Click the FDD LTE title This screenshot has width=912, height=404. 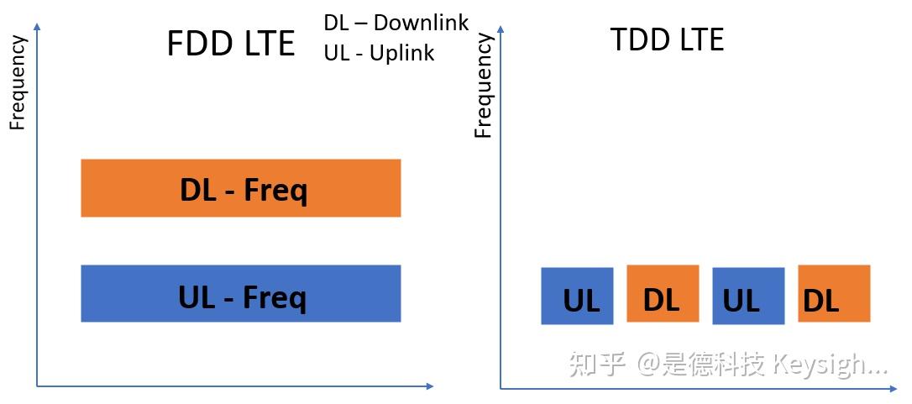(x=231, y=44)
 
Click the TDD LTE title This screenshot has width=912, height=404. (x=667, y=39)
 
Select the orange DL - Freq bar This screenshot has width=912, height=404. (x=240, y=188)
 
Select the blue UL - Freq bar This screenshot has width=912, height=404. (x=240, y=293)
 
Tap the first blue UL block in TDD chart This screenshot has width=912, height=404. (x=577, y=296)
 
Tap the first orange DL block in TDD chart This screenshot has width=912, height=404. (x=663, y=293)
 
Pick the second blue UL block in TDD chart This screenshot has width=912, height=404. (x=748, y=296)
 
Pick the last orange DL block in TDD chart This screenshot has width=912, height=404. (x=834, y=293)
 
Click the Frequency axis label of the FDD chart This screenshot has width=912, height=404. (x=18, y=82)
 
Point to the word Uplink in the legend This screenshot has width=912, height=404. (x=401, y=53)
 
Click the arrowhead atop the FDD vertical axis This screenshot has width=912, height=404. (x=38, y=29)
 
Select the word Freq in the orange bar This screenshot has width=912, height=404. (x=275, y=192)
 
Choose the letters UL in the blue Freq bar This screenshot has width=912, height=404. (x=198, y=296)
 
